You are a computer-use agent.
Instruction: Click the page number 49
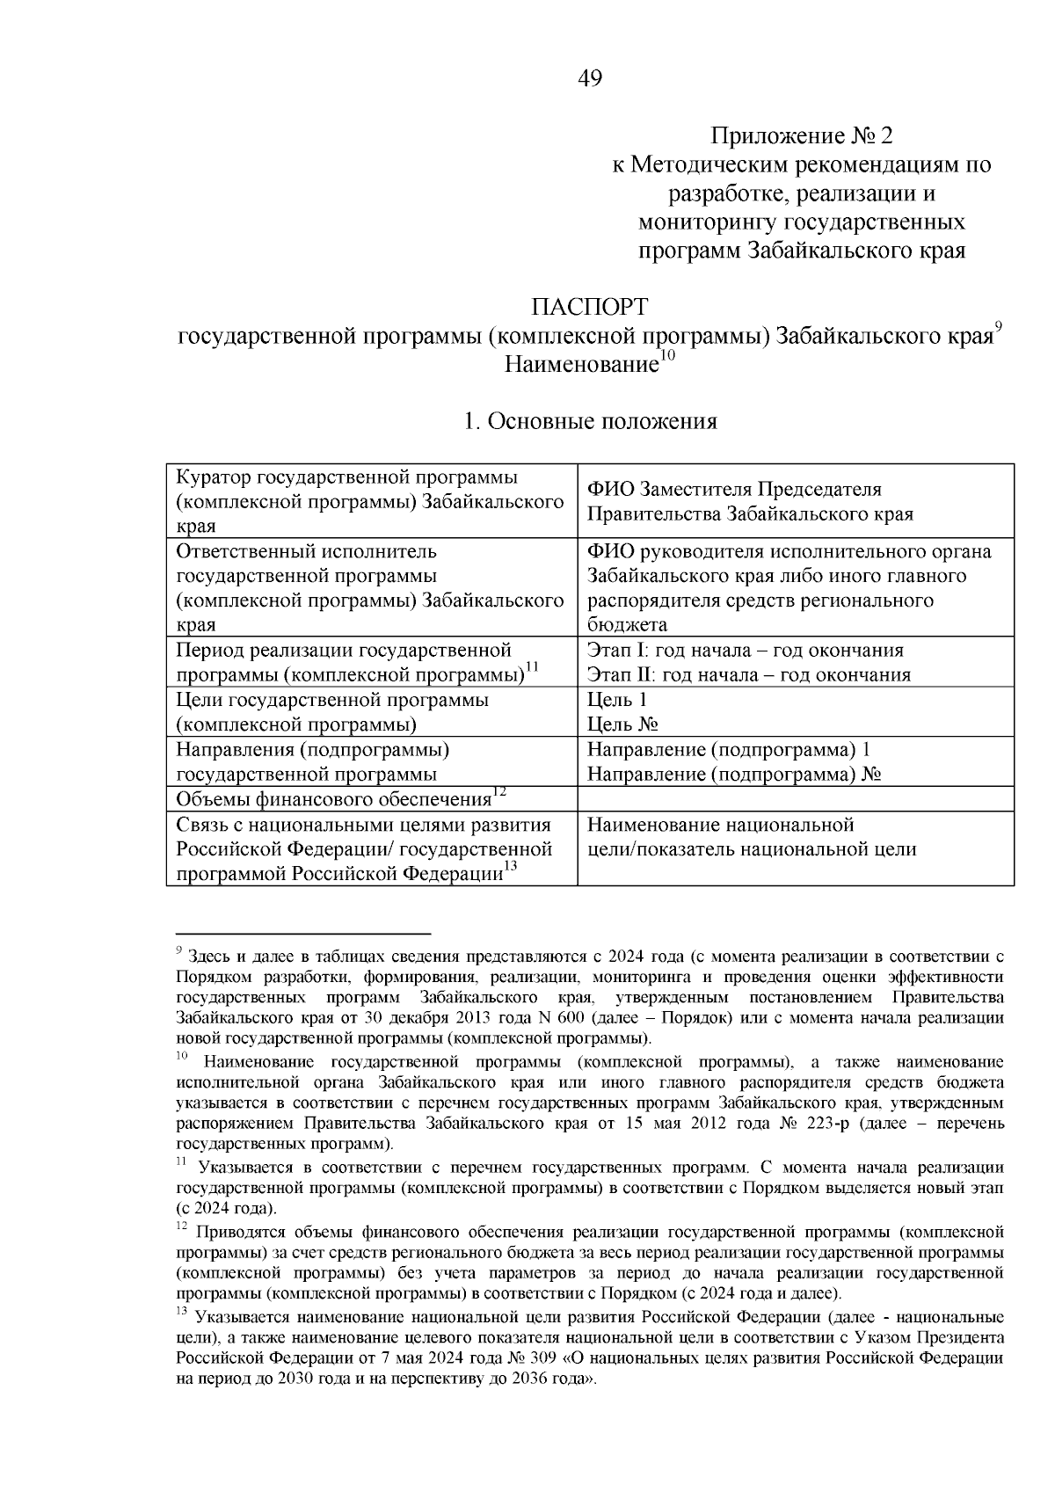[x=590, y=80]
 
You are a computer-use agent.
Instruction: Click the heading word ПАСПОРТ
[x=589, y=308]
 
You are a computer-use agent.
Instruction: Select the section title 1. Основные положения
[x=590, y=422]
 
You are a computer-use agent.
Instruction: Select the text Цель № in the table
[x=623, y=725]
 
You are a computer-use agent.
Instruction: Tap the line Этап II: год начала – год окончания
[x=748, y=675]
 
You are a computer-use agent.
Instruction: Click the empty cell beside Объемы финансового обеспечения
[x=795, y=799]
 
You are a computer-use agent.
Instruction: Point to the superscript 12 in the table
[x=498, y=792]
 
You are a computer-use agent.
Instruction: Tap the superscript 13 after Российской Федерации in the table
[x=511, y=867]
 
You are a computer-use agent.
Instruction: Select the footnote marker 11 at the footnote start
[x=181, y=1162]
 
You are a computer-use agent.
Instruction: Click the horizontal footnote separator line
[x=302, y=933]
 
